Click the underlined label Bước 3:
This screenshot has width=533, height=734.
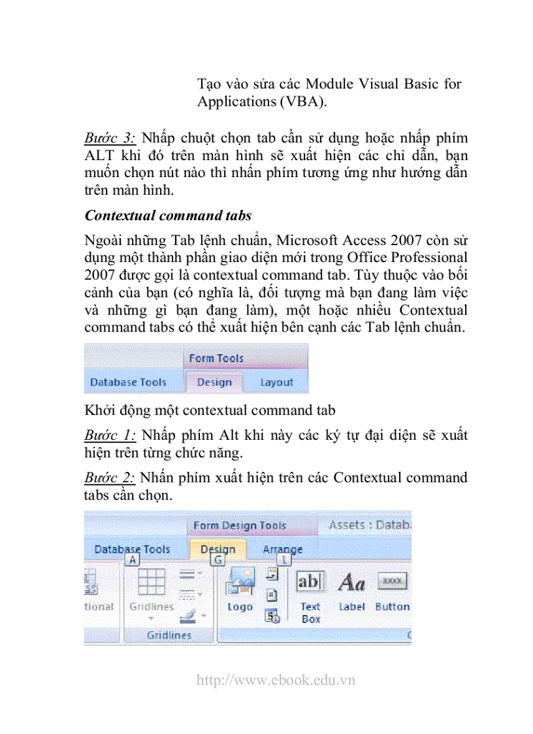tap(109, 139)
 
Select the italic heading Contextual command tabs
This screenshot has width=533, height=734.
tap(168, 215)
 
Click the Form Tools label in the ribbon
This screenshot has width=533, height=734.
tap(216, 358)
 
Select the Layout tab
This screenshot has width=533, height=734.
tap(276, 382)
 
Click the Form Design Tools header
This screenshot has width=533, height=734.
tap(239, 525)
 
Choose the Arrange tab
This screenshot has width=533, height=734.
tap(282, 550)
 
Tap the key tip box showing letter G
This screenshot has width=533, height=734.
tap(218, 560)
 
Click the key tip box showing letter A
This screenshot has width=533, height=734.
tap(133, 560)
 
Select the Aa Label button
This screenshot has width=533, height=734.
tap(351, 590)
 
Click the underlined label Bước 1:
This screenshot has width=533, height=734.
tap(109, 435)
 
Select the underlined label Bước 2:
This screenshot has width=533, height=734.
tap(109, 478)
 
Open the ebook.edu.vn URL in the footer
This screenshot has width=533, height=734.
tap(276, 680)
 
